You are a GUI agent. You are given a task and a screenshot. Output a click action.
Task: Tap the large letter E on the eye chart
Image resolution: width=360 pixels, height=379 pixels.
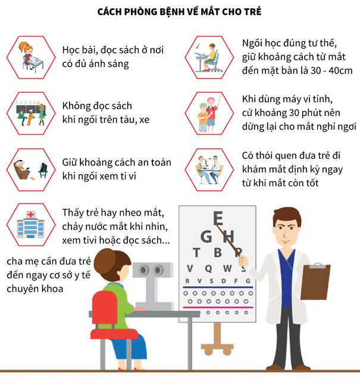[218, 218]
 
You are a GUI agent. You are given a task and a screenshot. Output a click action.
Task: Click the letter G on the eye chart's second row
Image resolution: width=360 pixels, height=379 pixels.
[206, 236]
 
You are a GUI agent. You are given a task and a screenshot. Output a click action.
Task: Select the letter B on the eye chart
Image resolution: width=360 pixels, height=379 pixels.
[218, 253]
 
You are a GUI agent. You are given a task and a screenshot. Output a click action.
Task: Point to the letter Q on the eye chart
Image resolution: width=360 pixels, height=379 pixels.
[208, 268]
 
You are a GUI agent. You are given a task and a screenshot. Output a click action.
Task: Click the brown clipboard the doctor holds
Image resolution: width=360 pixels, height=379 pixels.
[315, 281]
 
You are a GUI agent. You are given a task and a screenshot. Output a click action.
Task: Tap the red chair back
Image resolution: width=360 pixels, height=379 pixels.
[105, 310]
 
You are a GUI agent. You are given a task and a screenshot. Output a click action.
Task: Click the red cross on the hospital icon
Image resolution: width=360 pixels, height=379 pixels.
[30, 214]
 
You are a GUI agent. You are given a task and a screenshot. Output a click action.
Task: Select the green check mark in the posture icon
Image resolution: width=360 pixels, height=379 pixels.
[198, 46]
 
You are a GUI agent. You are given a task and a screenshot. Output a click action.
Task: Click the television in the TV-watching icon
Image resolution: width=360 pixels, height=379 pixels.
[43, 168]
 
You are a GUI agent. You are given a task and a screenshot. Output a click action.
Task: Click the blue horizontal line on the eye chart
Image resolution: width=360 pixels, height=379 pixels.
[218, 287]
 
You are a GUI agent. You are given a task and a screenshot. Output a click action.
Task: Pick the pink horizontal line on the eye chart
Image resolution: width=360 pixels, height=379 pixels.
[218, 308]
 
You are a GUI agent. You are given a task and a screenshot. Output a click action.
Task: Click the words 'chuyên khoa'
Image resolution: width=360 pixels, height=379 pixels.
[35, 289]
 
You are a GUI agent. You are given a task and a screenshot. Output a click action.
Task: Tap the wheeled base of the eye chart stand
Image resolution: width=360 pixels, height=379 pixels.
[217, 348]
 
